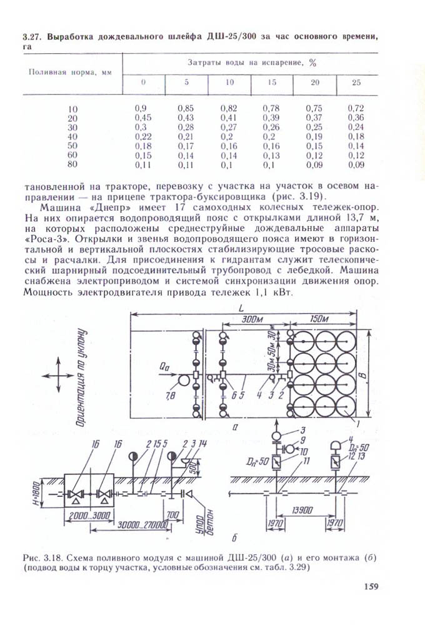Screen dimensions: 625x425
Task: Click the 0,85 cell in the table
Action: pyautogui.click(x=185, y=108)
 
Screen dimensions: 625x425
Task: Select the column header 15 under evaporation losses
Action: pyautogui.click(x=272, y=82)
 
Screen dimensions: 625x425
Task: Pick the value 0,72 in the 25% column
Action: pyautogui.click(x=356, y=108)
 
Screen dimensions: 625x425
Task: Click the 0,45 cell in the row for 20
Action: pyautogui.click(x=143, y=117)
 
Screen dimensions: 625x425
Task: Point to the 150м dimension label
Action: pyautogui.click(x=319, y=319)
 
